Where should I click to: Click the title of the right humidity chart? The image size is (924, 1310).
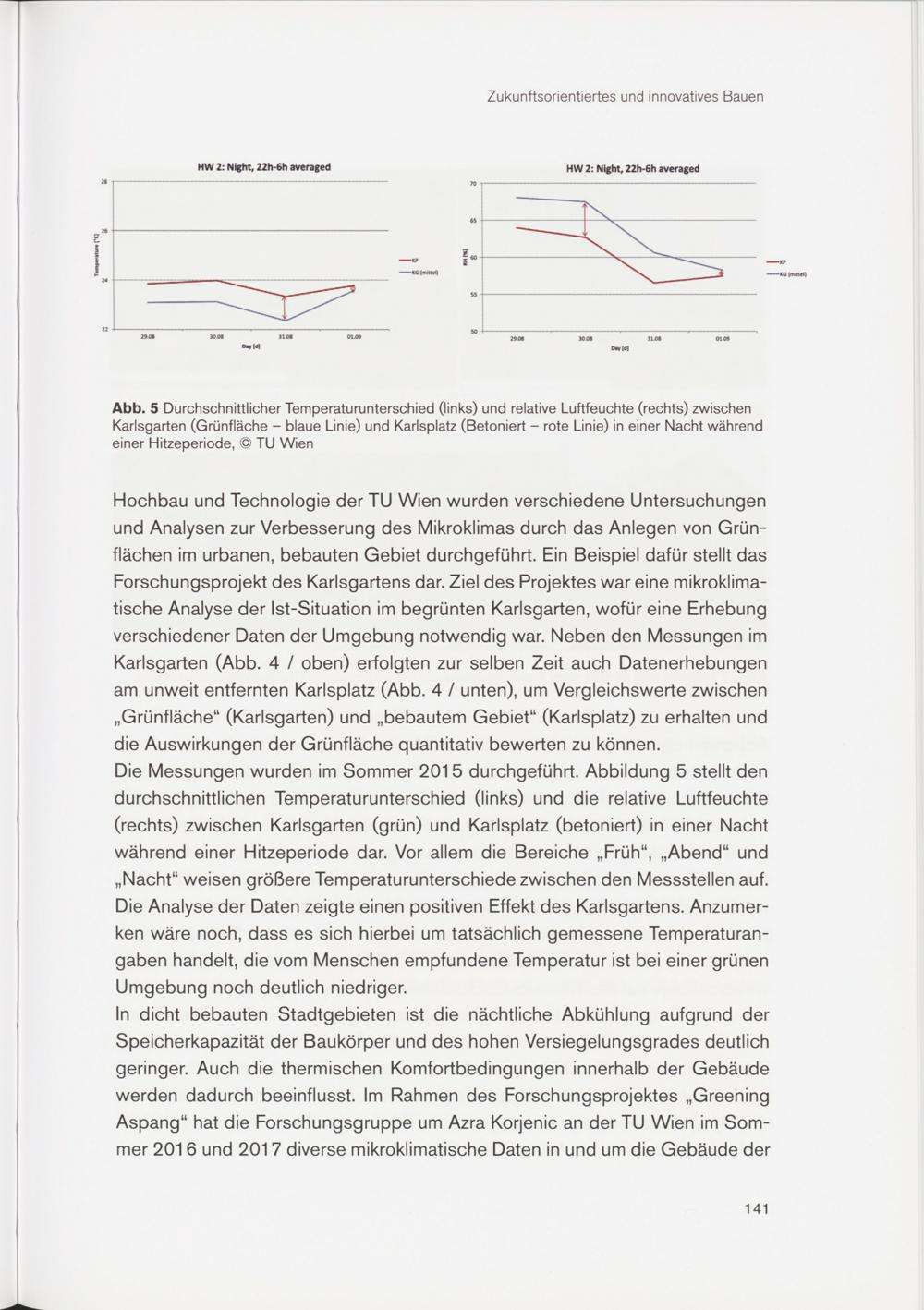click(632, 168)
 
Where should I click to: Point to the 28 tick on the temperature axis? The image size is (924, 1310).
click(103, 182)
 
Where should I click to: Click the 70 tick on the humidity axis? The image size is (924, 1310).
click(473, 184)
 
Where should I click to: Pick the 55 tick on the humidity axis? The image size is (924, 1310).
click(473, 294)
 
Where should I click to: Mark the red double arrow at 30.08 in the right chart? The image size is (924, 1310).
click(585, 220)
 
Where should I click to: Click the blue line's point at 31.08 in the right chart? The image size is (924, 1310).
click(653, 252)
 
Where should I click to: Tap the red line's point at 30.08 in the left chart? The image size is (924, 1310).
click(216, 280)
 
